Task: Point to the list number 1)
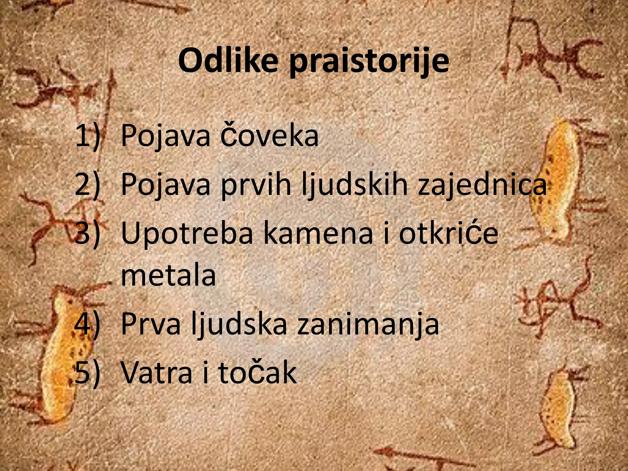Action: pos(88,136)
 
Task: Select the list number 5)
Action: pos(88,372)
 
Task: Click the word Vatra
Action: pos(157,372)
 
